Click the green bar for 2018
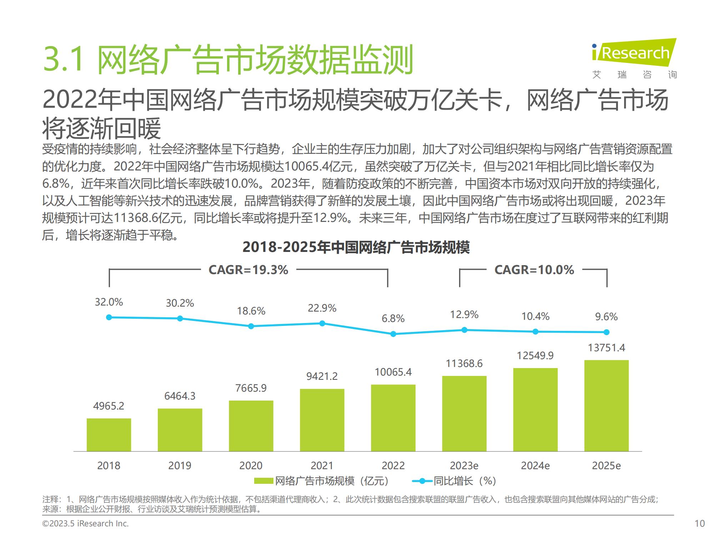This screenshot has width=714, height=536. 109,435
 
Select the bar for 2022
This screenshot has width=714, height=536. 393,418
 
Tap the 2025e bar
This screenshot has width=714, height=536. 606,406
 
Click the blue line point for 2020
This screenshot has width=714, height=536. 251,326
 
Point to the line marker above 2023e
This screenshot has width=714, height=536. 464,330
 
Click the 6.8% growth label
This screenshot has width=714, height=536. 393,318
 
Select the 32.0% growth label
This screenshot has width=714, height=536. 109,302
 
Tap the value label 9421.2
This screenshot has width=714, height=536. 322,376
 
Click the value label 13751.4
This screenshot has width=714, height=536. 606,348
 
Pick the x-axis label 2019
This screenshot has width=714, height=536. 180,466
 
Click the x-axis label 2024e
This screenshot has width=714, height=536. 535,466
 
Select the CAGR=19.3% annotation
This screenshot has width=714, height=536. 248,270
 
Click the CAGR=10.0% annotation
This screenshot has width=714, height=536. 534,270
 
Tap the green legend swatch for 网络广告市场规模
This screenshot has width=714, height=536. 263,481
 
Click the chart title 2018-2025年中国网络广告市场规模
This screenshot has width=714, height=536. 356,247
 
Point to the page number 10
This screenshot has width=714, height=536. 700,523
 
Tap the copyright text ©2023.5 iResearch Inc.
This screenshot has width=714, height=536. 85,523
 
